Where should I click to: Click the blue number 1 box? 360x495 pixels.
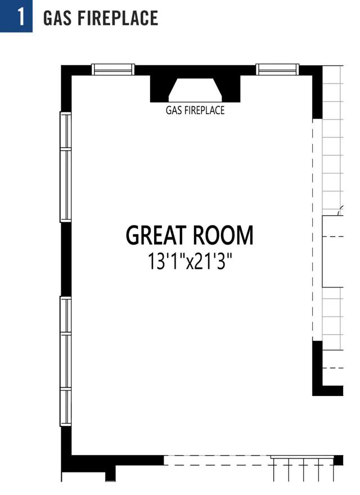coord(16,16)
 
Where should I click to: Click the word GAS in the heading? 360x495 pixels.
coord(58,17)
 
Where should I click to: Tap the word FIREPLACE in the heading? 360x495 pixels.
coord(118,17)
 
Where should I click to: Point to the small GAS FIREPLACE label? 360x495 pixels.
coord(195,110)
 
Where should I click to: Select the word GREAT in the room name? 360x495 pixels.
coord(155,235)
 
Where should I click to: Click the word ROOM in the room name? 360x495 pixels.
coord(223,235)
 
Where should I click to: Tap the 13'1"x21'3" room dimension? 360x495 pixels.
coord(190,262)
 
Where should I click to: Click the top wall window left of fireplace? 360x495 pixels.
coord(113,69)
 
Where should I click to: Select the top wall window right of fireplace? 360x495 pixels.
coord(277,69)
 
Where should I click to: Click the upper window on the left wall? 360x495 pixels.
coord(66,167)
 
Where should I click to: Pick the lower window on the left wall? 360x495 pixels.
coord(66,361)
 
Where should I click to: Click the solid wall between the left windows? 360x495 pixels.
coord(66,259)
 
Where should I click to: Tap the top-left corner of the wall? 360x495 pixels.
coord(61,66)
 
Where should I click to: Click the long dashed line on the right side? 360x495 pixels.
coord(313,230)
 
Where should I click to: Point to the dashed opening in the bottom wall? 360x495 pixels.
coord(217,460)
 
